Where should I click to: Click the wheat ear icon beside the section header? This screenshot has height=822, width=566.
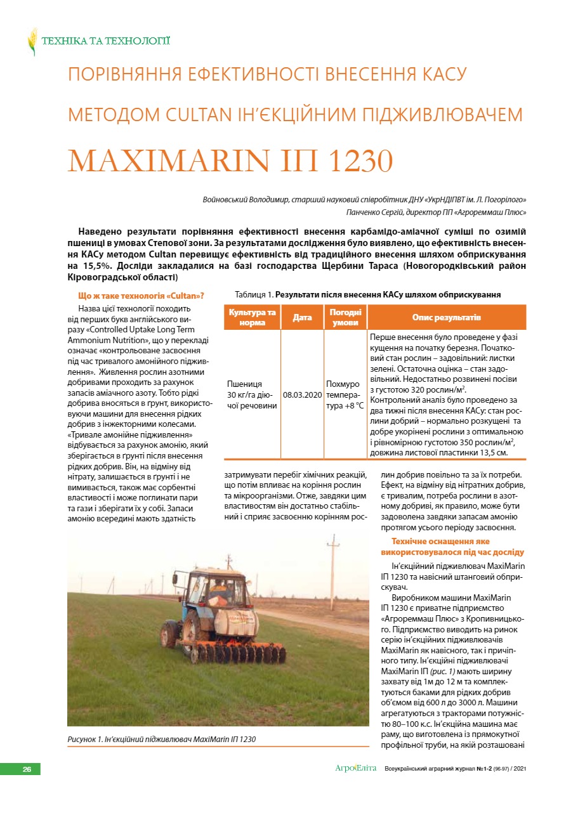(32, 42)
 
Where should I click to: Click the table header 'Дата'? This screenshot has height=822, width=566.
(302, 317)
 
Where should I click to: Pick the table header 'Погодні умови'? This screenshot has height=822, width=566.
(345, 317)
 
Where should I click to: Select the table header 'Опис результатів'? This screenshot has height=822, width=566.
(447, 317)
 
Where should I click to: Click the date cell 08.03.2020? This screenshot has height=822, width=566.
(302, 394)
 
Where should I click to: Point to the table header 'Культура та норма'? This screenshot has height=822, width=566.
(253, 317)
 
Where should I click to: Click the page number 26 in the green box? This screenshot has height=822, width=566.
(27, 769)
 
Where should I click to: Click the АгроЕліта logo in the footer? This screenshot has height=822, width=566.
(355, 769)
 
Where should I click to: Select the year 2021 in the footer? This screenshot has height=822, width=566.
(518, 769)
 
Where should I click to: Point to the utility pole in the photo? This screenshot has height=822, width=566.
(332, 571)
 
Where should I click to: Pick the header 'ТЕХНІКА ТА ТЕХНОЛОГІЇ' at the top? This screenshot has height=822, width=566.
(105, 42)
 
